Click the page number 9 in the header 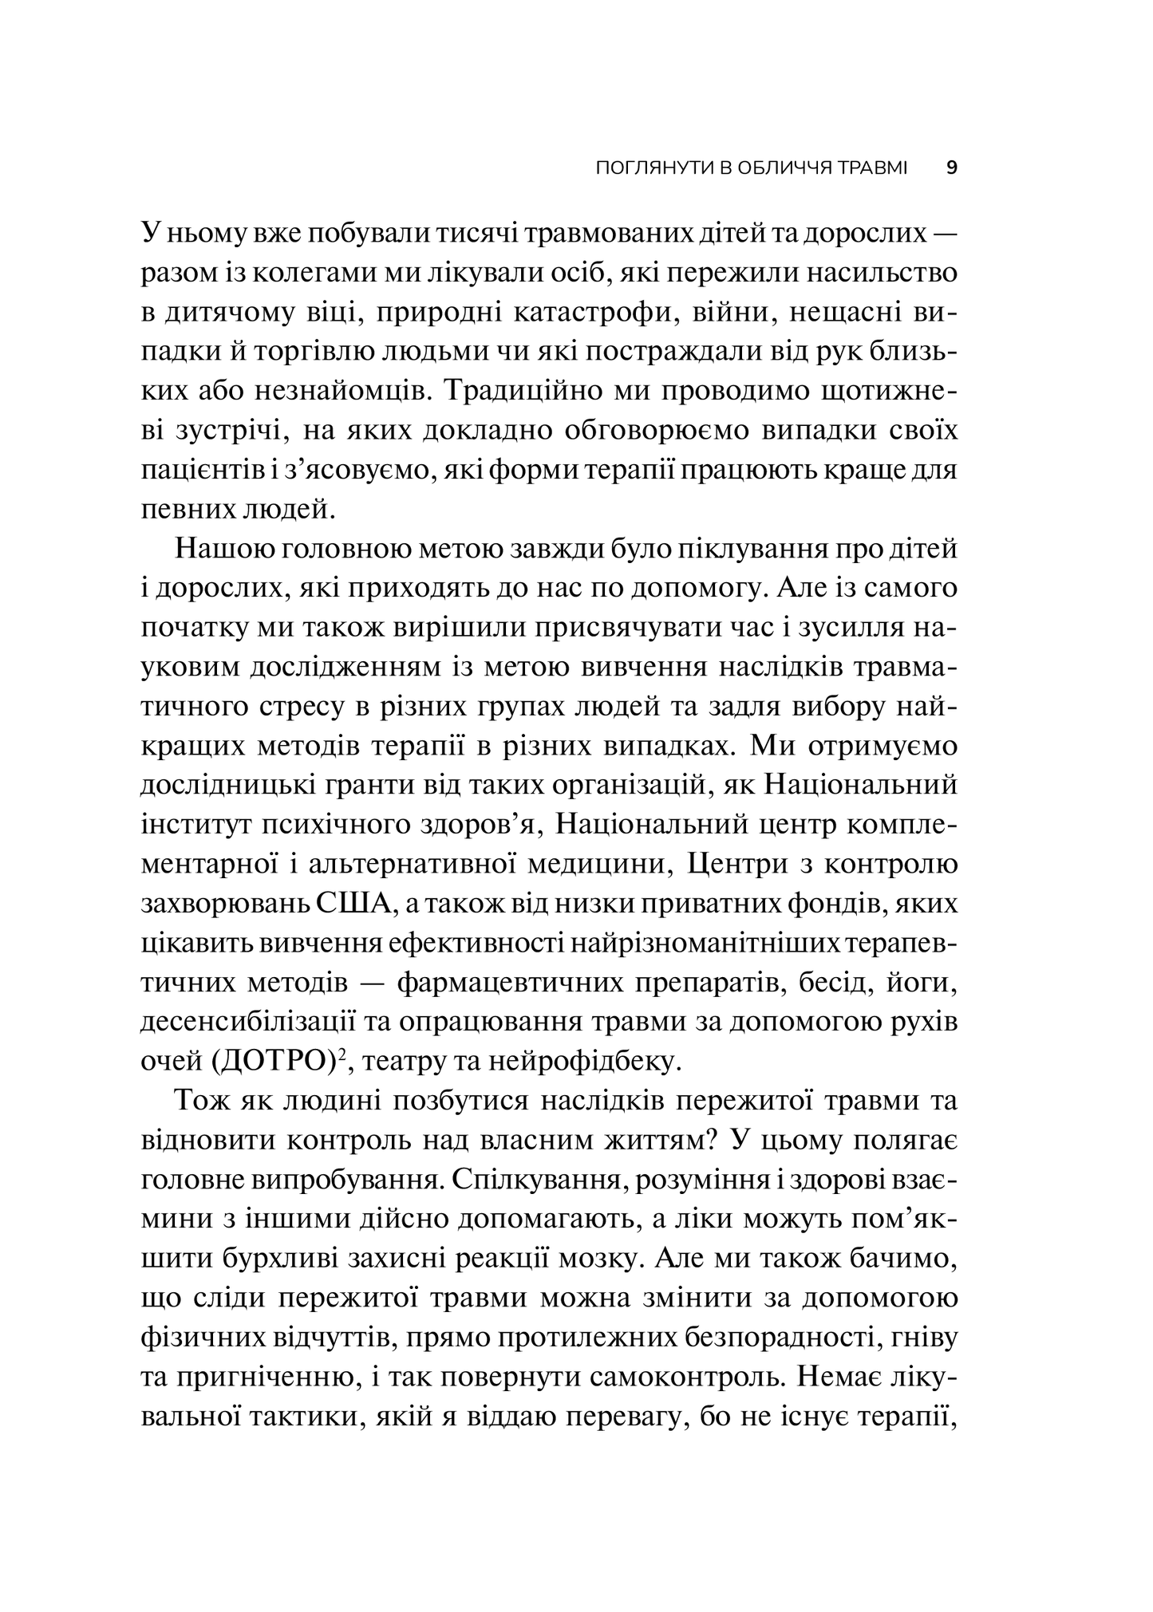coord(950,168)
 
